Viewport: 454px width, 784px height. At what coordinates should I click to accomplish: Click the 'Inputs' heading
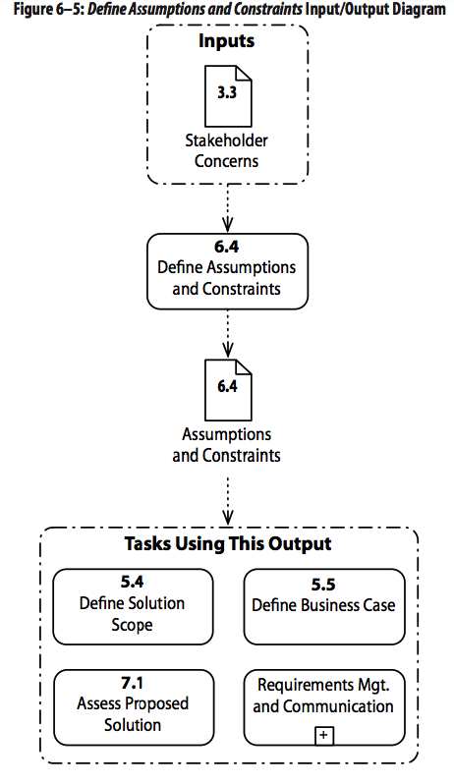(x=227, y=41)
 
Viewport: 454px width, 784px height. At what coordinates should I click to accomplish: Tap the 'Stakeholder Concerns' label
(x=227, y=149)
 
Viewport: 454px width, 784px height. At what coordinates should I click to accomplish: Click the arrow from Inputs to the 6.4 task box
(x=227, y=206)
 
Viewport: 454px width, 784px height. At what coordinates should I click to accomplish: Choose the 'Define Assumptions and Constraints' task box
(x=227, y=269)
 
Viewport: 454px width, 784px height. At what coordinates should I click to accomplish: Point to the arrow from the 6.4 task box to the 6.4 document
(x=227, y=332)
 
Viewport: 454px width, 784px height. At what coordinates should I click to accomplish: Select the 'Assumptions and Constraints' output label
(x=227, y=444)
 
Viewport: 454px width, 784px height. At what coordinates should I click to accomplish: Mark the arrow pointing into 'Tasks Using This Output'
(x=227, y=501)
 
